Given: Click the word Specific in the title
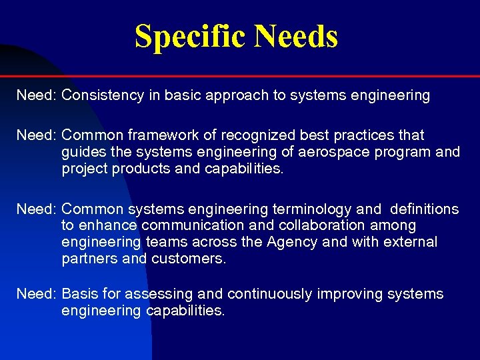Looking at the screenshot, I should tap(189, 36).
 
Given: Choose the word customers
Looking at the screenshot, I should tap(189, 259).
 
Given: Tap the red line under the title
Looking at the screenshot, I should tap(267, 76).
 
